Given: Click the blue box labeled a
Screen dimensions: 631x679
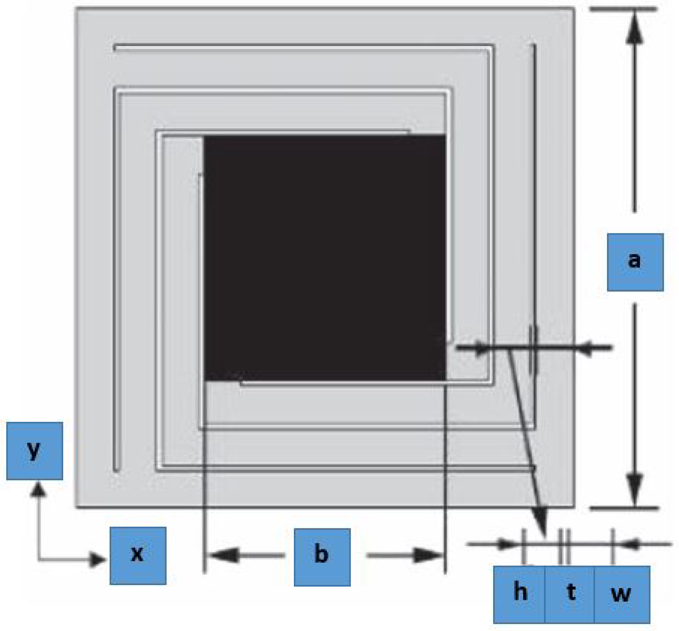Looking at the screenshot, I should click(x=635, y=262).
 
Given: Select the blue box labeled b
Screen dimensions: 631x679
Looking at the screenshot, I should click(x=322, y=557).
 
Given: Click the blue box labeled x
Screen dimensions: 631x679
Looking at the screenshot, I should click(x=138, y=556).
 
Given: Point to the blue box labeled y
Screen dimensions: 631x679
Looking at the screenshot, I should click(x=34, y=451).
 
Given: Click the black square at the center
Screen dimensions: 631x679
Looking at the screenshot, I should click(x=325, y=258).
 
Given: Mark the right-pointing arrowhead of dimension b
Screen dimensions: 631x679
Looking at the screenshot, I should click(x=427, y=555).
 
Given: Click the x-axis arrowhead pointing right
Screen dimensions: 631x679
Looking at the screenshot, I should click(x=97, y=560).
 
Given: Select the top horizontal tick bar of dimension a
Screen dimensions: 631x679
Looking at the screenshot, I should click(x=624, y=9).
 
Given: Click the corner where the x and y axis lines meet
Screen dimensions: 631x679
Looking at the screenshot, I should click(x=39, y=560).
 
